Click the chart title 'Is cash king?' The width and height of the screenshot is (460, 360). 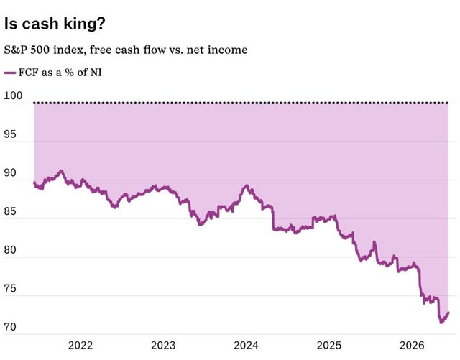click(x=55, y=24)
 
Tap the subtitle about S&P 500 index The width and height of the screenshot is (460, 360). click(x=126, y=50)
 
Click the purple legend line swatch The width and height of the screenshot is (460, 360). click(x=10, y=73)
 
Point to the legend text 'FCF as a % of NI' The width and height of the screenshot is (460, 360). click(x=60, y=73)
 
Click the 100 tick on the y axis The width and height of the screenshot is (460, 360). click(x=13, y=96)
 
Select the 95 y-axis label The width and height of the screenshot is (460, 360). click(x=10, y=134)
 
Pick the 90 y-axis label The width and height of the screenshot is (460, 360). click(x=10, y=172)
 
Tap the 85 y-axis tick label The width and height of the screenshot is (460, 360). click(x=10, y=211)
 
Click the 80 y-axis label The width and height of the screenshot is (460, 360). click(x=10, y=250)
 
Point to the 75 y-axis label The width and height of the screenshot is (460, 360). click(x=10, y=288)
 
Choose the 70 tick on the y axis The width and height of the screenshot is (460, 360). click(x=10, y=327)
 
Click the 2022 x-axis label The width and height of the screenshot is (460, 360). click(x=80, y=346)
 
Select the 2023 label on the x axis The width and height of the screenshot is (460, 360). click(x=163, y=346)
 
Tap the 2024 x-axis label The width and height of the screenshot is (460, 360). click(x=246, y=346)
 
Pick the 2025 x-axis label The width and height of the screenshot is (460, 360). click(x=329, y=346)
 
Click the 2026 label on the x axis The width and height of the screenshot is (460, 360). click(x=412, y=346)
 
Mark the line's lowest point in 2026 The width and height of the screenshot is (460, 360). click(x=441, y=323)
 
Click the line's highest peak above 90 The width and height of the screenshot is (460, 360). click(x=61, y=170)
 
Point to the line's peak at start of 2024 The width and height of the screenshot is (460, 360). click(x=247, y=185)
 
